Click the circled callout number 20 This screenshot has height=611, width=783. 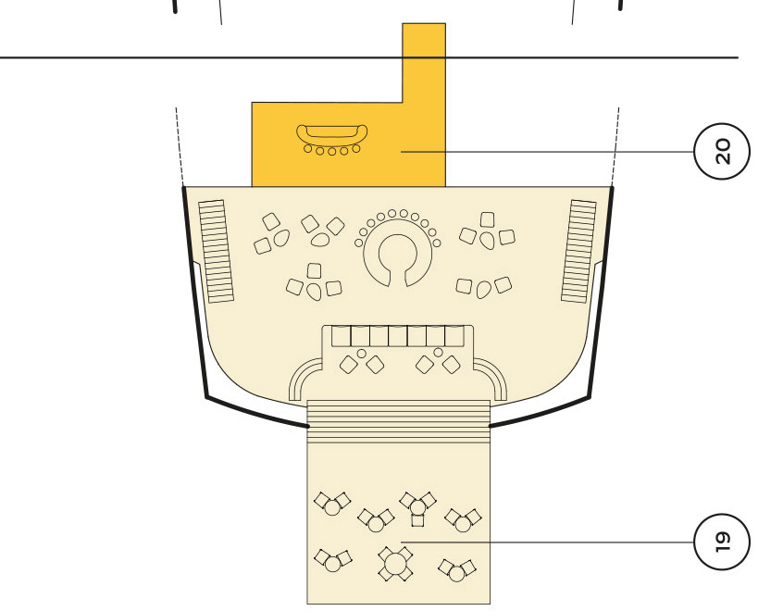pyautogui.click(x=722, y=151)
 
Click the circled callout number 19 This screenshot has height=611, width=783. pyautogui.click(x=722, y=542)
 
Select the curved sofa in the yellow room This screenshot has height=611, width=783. pyautogui.click(x=332, y=133)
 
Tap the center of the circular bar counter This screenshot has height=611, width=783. pyautogui.click(x=398, y=255)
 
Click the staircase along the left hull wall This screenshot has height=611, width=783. pyautogui.click(x=217, y=251)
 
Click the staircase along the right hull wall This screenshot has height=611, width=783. pyautogui.click(x=578, y=251)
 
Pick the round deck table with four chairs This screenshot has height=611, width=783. pyautogui.click(x=395, y=564)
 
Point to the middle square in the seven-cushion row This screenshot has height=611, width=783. pyautogui.click(x=398, y=336)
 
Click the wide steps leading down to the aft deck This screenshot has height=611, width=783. pyautogui.click(x=399, y=421)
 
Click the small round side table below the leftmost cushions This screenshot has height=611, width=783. pyautogui.click(x=362, y=354)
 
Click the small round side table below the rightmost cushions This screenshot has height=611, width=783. pyautogui.click(x=438, y=353)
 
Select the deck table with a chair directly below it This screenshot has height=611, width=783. pyautogui.click(x=418, y=507)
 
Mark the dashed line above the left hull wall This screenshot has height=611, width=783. pyautogui.click(x=180, y=146)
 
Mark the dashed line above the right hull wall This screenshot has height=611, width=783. pyautogui.click(x=615, y=146)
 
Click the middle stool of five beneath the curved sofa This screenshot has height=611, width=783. pyautogui.click(x=332, y=150)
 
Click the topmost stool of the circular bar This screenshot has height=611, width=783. pyautogui.click(x=392, y=214)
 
